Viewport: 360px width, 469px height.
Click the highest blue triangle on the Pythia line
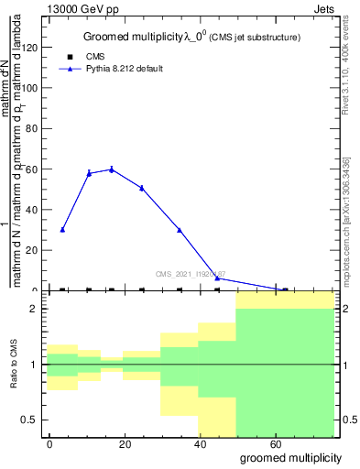(112, 169)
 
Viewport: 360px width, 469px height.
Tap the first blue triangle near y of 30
(62, 230)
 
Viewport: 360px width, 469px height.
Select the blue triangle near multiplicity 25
(142, 188)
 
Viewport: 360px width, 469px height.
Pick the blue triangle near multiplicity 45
(217, 278)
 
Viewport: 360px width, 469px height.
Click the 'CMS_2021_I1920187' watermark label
(191, 273)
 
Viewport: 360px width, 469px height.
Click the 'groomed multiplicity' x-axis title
(291, 457)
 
